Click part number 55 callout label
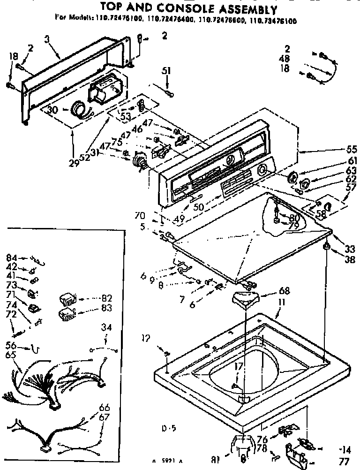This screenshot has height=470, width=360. [x=352, y=150]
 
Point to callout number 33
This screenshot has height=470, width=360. [x=350, y=249]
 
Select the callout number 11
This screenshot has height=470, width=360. [x=281, y=303]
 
